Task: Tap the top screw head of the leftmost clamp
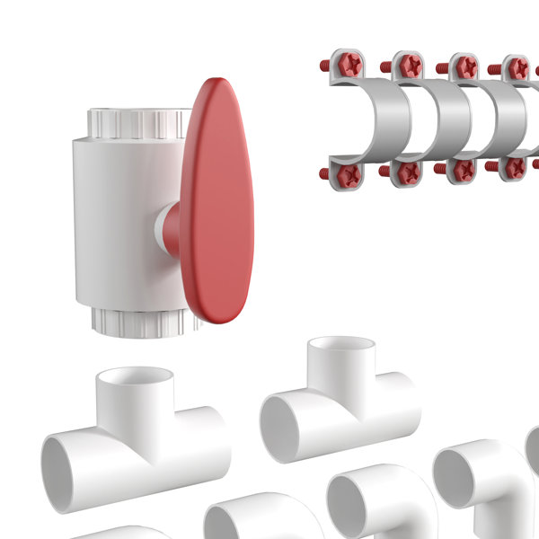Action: (349, 65)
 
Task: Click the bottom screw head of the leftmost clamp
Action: (348, 173)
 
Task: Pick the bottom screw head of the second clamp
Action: (407, 172)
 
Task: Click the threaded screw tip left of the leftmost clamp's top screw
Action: (324, 64)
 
